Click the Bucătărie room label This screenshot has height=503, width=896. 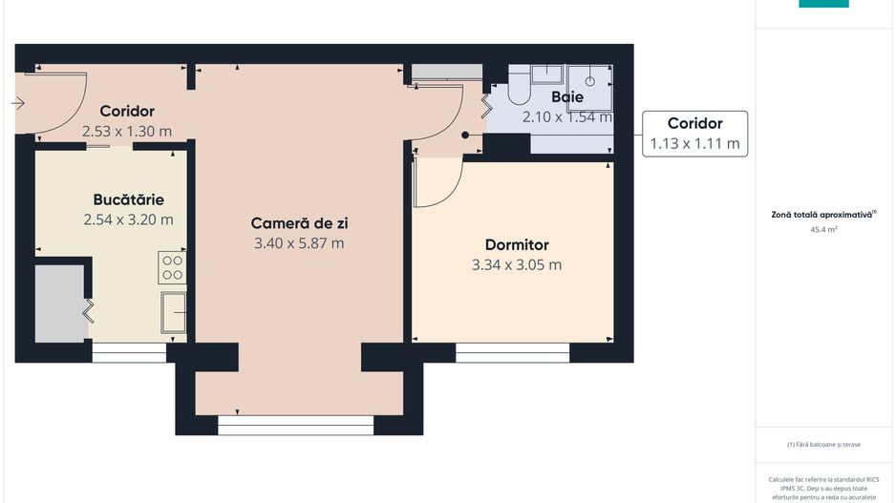click(x=128, y=199)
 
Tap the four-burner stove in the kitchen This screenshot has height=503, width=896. click(x=172, y=267)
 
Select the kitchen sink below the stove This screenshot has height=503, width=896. click(x=173, y=310)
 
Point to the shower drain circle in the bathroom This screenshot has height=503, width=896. click(x=591, y=80)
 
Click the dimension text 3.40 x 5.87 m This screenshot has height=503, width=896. click(x=299, y=243)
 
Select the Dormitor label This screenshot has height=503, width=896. click(x=517, y=245)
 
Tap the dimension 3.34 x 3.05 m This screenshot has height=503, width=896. click(x=517, y=264)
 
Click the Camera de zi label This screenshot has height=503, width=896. click(x=299, y=222)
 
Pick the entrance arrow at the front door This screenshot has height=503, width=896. click(x=18, y=102)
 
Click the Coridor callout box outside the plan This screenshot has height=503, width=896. click(x=694, y=134)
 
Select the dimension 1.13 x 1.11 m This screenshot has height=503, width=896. click(x=694, y=144)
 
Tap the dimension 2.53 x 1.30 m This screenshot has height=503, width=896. click(x=127, y=131)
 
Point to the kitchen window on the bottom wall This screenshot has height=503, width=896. click(x=129, y=352)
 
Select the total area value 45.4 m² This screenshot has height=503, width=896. click(x=823, y=230)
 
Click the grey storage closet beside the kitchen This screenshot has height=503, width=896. click(x=61, y=304)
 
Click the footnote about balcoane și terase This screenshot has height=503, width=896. click(x=823, y=444)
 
